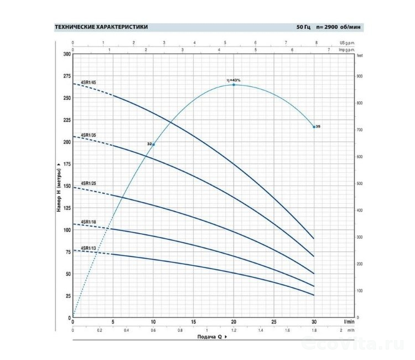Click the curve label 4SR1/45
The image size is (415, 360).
coord(89,83)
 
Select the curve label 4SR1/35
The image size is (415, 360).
coord(89,135)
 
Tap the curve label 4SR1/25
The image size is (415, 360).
coord(89,183)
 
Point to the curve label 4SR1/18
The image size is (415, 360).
coord(89,222)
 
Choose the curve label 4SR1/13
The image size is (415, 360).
coord(89,248)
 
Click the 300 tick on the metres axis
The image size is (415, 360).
coord(67,54)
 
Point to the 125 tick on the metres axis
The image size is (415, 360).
coord(67,208)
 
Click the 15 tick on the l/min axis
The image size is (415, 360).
coord(193,322)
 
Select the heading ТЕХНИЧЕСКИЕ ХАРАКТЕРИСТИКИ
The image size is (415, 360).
coord(101,27)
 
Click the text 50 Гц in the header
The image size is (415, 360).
coord(304,27)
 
